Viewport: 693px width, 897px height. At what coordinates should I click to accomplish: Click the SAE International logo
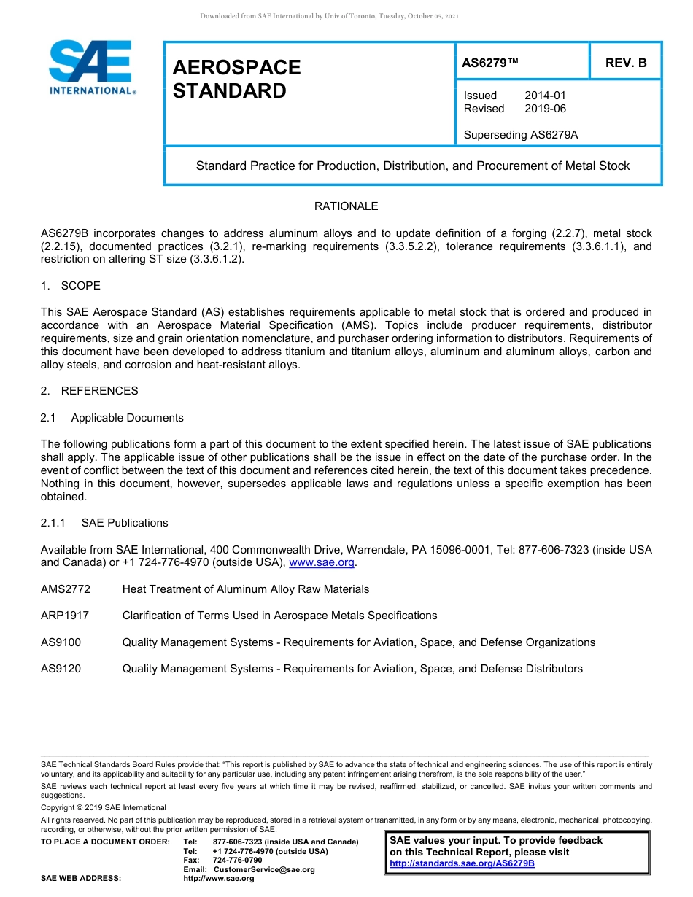91,68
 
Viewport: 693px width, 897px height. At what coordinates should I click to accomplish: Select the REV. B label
625,63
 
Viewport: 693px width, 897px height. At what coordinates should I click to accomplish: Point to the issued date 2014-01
545,96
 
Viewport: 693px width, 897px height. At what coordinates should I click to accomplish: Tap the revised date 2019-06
545,109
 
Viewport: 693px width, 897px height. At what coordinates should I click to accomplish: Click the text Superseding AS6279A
521,134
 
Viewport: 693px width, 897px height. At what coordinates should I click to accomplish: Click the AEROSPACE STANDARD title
236,79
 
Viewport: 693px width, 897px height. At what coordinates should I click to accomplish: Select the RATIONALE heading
346,206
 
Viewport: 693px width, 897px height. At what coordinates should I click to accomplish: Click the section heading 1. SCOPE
71,285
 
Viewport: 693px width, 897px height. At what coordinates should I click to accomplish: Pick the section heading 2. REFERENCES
89,391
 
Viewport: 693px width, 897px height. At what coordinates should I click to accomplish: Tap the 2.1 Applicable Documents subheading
112,418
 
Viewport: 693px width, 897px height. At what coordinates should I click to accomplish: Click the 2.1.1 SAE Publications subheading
104,523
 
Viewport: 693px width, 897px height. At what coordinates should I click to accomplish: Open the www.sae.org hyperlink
322,562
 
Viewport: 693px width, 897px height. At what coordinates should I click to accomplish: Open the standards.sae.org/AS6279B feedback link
462,863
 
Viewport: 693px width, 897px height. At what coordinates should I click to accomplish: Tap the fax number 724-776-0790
237,860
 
